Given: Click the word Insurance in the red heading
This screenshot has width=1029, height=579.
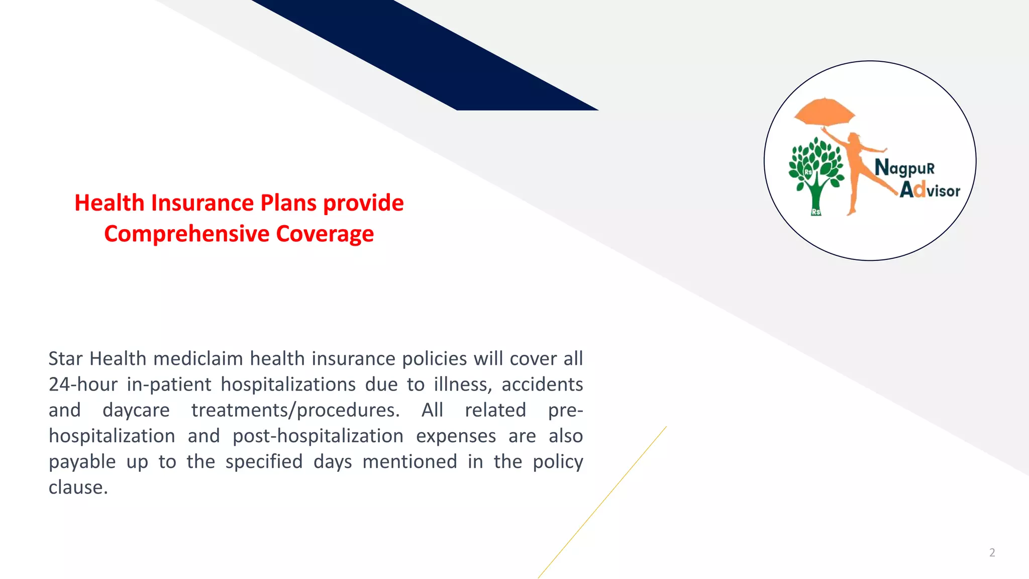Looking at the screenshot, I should [202, 203].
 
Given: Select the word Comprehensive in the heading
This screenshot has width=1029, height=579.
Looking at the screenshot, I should [187, 234].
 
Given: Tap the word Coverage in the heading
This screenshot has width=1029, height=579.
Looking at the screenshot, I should [325, 234].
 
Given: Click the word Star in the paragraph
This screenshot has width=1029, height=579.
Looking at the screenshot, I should [65, 359].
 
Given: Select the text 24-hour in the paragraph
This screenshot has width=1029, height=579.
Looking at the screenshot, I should [83, 384].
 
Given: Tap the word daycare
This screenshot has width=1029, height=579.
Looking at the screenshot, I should [136, 410].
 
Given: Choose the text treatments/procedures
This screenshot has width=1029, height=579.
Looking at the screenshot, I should [295, 411].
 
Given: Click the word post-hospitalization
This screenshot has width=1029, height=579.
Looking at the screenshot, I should [318, 436].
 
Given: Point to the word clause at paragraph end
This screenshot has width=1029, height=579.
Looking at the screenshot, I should [78, 488].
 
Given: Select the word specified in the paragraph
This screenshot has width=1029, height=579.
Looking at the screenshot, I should [264, 462].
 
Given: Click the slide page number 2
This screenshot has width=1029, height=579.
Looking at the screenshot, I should [992, 553].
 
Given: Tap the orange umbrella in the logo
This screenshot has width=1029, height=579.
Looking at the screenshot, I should [824, 112].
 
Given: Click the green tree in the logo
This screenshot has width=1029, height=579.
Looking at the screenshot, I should [816, 171].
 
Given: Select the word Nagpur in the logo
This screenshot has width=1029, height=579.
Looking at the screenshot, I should [904, 168].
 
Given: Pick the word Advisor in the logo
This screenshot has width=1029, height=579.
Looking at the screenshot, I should [930, 190].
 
